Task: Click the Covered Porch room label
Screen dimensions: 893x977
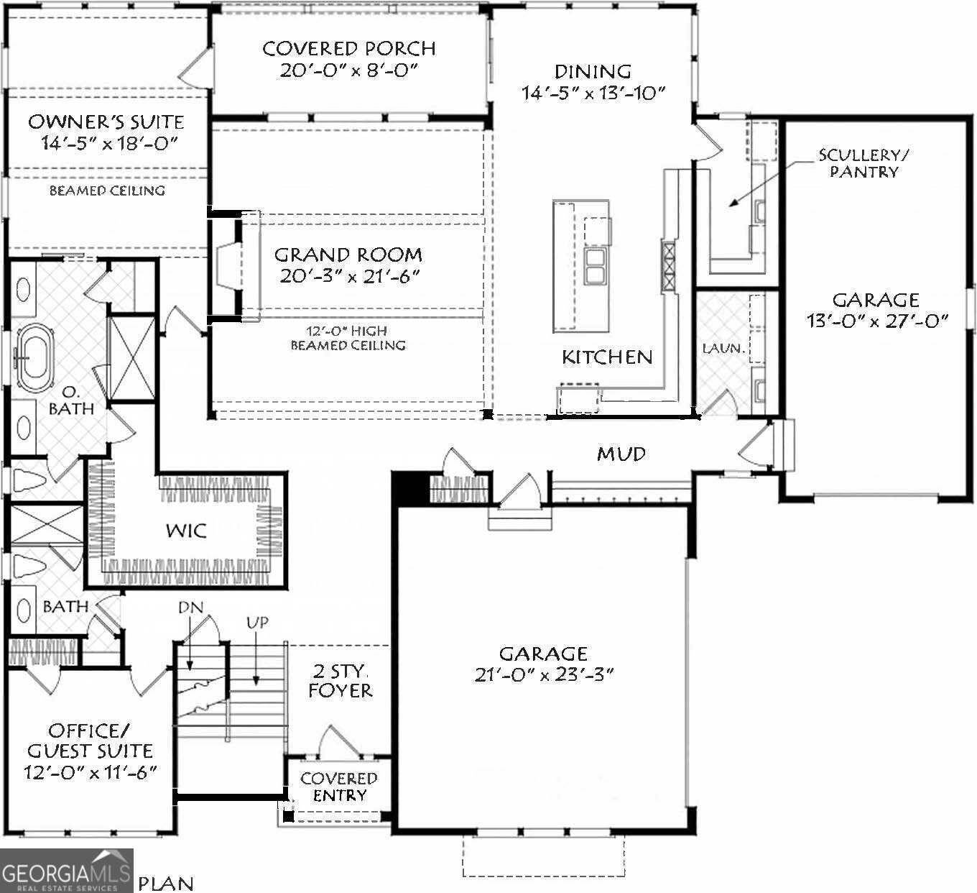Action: coord(348,49)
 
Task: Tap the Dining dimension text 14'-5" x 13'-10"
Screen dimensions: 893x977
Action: coord(593,93)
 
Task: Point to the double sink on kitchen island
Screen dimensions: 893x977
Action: coord(596,265)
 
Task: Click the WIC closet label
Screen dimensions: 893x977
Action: coord(186,531)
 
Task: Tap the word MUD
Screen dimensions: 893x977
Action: coord(621,454)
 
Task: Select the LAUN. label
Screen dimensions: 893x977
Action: coord(722,349)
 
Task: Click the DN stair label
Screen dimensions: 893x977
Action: coord(191,608)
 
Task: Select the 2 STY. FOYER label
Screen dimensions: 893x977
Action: coord(340,682)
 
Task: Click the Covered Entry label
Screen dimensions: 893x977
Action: coord(339,787)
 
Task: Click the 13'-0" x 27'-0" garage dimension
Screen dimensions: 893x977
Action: coord(876,321)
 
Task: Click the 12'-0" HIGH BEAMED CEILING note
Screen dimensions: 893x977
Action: coord(348,338)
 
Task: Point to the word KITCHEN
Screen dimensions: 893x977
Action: coord(607,357)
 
